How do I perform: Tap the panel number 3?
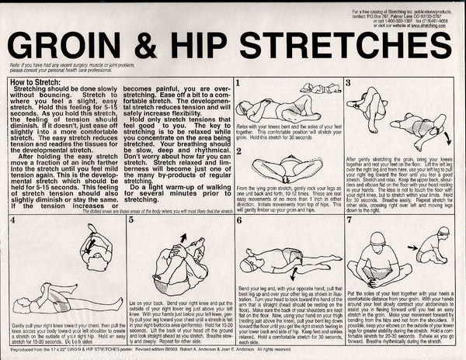click(349, 81)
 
